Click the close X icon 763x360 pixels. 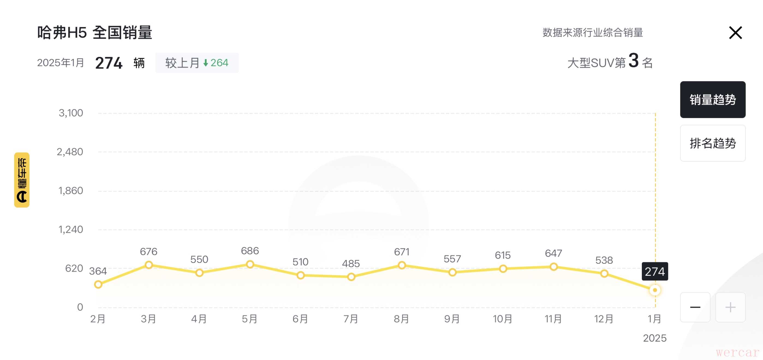(735, 32)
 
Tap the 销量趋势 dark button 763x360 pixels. (712, 100)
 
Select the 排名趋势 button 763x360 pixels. (712, 143)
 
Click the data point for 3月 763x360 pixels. (149, 265)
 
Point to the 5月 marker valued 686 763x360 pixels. (250, 264)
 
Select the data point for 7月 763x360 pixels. (351, 277)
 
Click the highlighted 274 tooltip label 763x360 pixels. (655, 271)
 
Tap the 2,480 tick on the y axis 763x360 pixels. (70, 152)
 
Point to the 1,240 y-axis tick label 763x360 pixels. (71, 229)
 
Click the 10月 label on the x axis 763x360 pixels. (503, 319)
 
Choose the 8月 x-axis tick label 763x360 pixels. (401, 319)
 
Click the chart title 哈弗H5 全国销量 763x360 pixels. (95, 32)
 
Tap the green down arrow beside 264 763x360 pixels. (205, 63)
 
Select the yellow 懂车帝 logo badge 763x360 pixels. (22, 180)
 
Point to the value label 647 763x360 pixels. (553, 253)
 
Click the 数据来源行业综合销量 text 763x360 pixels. (593, 32)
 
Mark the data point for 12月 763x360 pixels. (604, 274)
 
